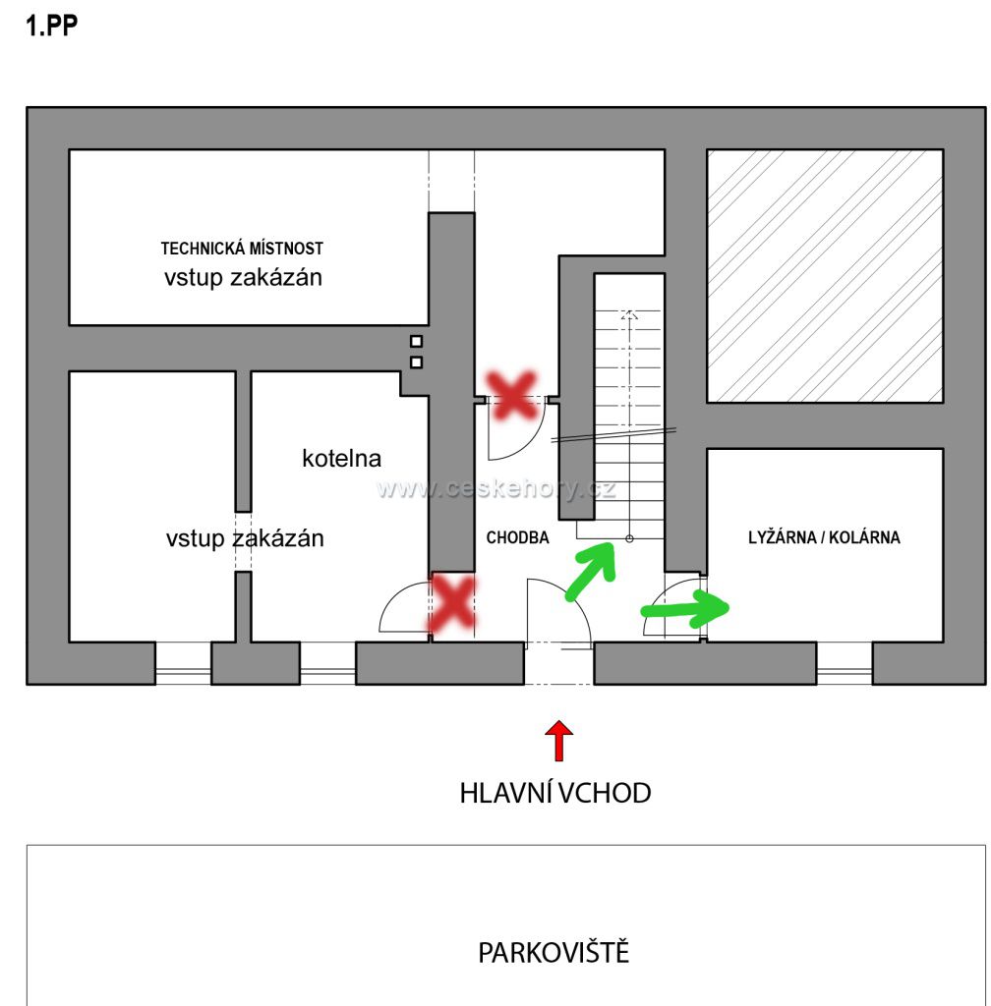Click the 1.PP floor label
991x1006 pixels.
(51, 27)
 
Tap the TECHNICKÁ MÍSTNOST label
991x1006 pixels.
(242, 250)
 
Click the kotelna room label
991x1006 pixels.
(341, 458)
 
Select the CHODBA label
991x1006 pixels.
(517, 538)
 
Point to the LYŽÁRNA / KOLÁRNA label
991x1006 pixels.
(824, 538)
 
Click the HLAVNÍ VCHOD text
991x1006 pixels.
(554, 794)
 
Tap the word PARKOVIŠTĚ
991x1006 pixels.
(554, 953)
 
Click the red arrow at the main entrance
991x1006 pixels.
(559, 741)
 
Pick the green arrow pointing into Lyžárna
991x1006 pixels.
(685, 609)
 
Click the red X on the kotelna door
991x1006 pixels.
(452, 603)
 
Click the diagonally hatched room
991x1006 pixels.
(825, 276)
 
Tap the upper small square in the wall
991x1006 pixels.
(417, 342)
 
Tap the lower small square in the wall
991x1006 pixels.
(417, 363)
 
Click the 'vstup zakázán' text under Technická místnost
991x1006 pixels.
(243, 278)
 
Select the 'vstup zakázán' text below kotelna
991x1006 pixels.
(244, 538)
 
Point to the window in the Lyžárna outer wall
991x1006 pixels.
(845, 675)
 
